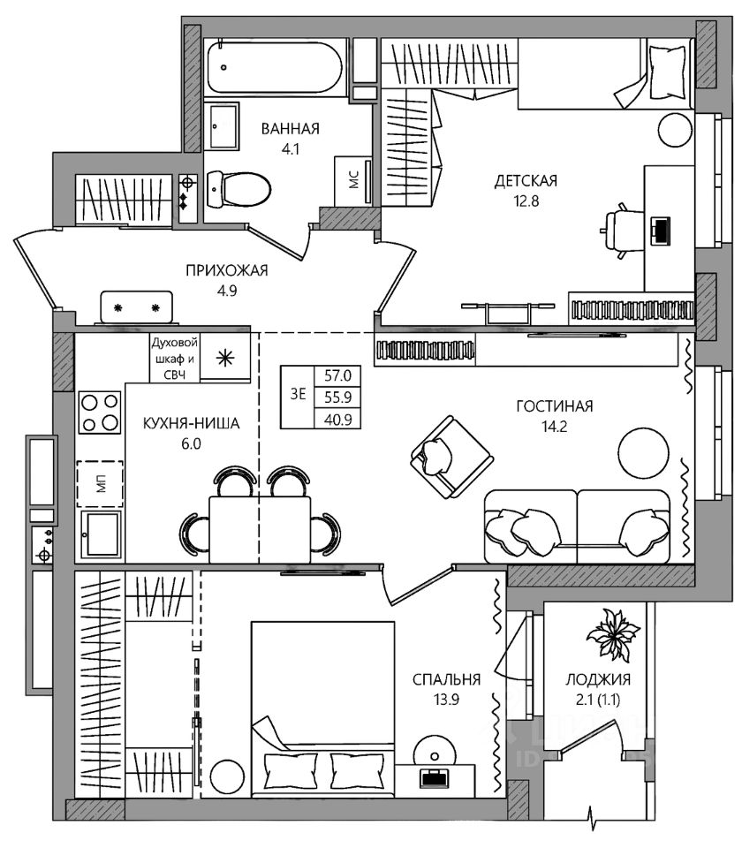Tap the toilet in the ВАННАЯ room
[238, 189]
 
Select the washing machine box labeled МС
[353, 180]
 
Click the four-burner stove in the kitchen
[100, 413]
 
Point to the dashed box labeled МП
[100, 483]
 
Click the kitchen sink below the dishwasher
[101, 534]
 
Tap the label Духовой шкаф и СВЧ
[174, 358]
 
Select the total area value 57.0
[338, 375]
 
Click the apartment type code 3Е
[298, 394]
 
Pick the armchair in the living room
[451, 457]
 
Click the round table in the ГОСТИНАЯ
[643, 452]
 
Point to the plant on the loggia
[613, 634]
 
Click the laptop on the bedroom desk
[435, 777]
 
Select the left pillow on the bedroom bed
[291, 770]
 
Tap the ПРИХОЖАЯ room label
[227, 270]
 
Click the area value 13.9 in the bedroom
[446, 700]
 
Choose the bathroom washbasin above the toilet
[223, 126]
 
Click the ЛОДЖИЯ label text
[598, 679]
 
